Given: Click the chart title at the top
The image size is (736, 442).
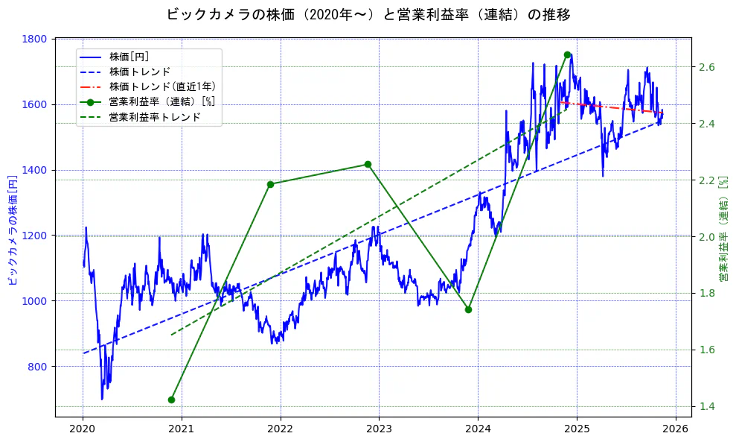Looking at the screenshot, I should (x=368, y=14).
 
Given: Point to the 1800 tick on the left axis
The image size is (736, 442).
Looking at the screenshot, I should (x=37, y=39).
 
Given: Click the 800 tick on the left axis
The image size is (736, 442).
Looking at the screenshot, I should (x=40, y=366).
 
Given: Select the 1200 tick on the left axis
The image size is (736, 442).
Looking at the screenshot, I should (x=37, y=236).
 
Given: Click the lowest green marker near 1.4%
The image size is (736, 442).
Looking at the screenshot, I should (x=171, y=400).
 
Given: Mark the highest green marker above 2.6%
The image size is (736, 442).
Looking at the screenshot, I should (x=567, y=54).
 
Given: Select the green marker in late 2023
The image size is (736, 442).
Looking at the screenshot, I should (x=468, y=309).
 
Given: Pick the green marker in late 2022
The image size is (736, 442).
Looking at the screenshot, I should (x=368, y=164).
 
